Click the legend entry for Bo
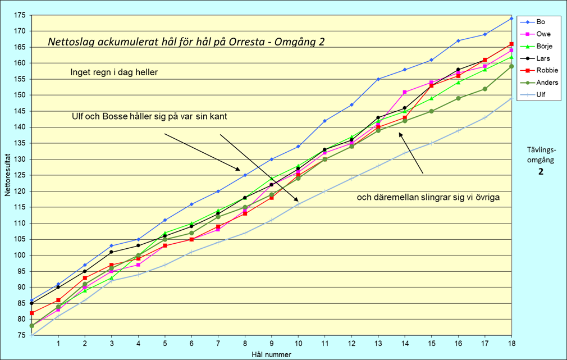tap(539, 22)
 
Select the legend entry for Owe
tap(541, 34)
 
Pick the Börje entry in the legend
tap(542, 47)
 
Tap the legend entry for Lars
tap(542, 58)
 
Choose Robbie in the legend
tap(544, 71)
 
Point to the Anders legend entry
tap(545, 83)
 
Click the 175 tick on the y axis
tap(21, 15)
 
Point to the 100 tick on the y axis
tap(21, 255)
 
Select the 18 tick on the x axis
tap(511, 343)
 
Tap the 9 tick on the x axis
tap(271, 343)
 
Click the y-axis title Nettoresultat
tap(8, 176)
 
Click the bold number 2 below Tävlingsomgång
tap(541, 172)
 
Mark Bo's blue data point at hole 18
tap(511, 18)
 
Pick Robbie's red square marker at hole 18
tap(511, 44)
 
